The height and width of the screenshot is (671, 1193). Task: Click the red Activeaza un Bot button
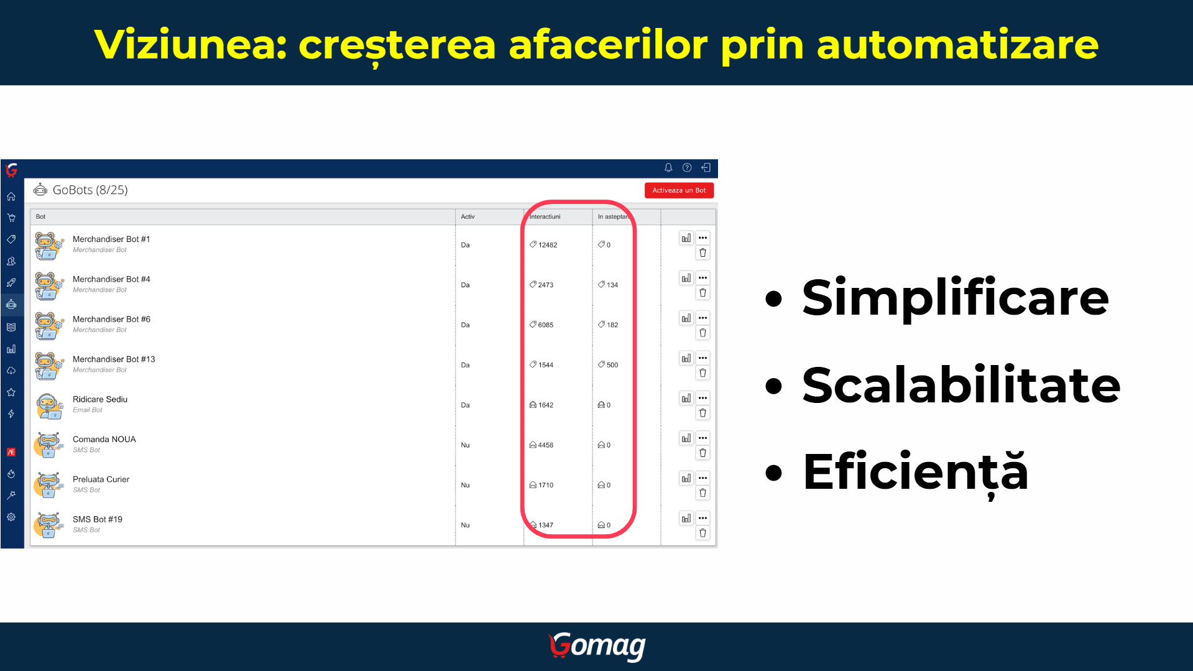tap(679, 190)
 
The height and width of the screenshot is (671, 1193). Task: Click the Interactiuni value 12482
tap(548, 245)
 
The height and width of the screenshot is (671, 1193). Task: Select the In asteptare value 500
tap(612, 365)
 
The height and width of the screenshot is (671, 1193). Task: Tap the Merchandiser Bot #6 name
tap(111, 319)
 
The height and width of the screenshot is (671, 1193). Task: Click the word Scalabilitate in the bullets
tap(961, 385)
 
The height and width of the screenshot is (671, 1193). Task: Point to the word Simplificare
tap(956, 298)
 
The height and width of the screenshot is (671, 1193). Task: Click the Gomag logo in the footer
tap(597, 647)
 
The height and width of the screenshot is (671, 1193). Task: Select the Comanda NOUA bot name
tap(104, 439)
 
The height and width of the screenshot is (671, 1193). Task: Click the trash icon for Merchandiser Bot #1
tap(702, 252)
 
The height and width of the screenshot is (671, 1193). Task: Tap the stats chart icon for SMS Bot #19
tap(686, 518)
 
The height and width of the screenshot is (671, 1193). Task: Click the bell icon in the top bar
tap(668, 167)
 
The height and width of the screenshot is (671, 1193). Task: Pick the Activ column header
tap(468, 216)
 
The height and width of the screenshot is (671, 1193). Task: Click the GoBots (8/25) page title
tap(90, 190)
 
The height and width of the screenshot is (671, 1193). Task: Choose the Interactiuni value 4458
tap(546, 445)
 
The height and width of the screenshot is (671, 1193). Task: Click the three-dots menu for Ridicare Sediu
tap(702, 398)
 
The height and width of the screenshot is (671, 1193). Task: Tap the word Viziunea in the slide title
tap(190, 45)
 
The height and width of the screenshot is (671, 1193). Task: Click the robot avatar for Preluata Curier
tap(48, 485)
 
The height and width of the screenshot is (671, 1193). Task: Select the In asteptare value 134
tap(612, 285)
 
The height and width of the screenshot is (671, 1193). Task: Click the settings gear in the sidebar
tap(11, 517)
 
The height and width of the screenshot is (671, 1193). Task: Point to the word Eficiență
tap(916, 473)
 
